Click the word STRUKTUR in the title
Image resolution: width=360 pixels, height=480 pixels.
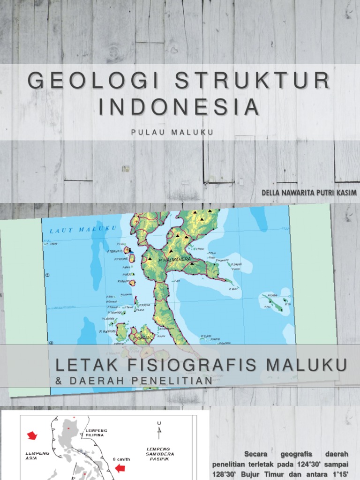point(252,81)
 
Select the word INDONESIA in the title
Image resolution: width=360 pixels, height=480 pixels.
point(179,107)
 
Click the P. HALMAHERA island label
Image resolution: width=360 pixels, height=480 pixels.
point(174,259)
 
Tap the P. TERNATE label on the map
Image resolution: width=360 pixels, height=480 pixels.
point(114,251)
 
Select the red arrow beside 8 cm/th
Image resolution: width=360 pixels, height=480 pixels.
point(120,467)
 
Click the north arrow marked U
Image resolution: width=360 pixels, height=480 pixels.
point(159,427)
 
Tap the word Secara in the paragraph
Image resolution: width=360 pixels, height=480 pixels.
point(258,454)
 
